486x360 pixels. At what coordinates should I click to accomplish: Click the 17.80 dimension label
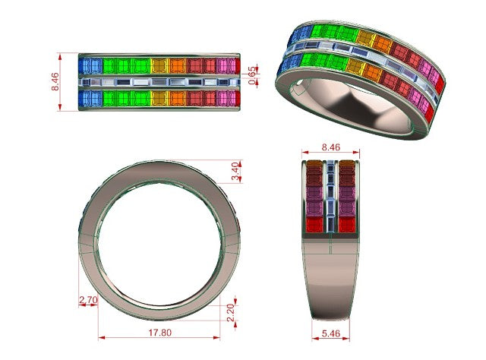point(159,333)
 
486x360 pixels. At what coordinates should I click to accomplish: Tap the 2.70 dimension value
point(88,300)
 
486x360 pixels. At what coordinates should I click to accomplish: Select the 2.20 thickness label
point(231,313)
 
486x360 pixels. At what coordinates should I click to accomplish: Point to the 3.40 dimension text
point(236,172)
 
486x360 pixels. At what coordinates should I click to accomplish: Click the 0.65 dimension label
point(253,75)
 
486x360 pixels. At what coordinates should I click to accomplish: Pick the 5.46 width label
point(331,333)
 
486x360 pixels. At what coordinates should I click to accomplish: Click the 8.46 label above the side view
point(331,147)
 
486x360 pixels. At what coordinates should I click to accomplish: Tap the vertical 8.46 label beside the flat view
point(55,81)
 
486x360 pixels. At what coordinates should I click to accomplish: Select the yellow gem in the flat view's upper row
point(160,66)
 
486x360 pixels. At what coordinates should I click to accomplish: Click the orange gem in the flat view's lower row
point(178,98)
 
